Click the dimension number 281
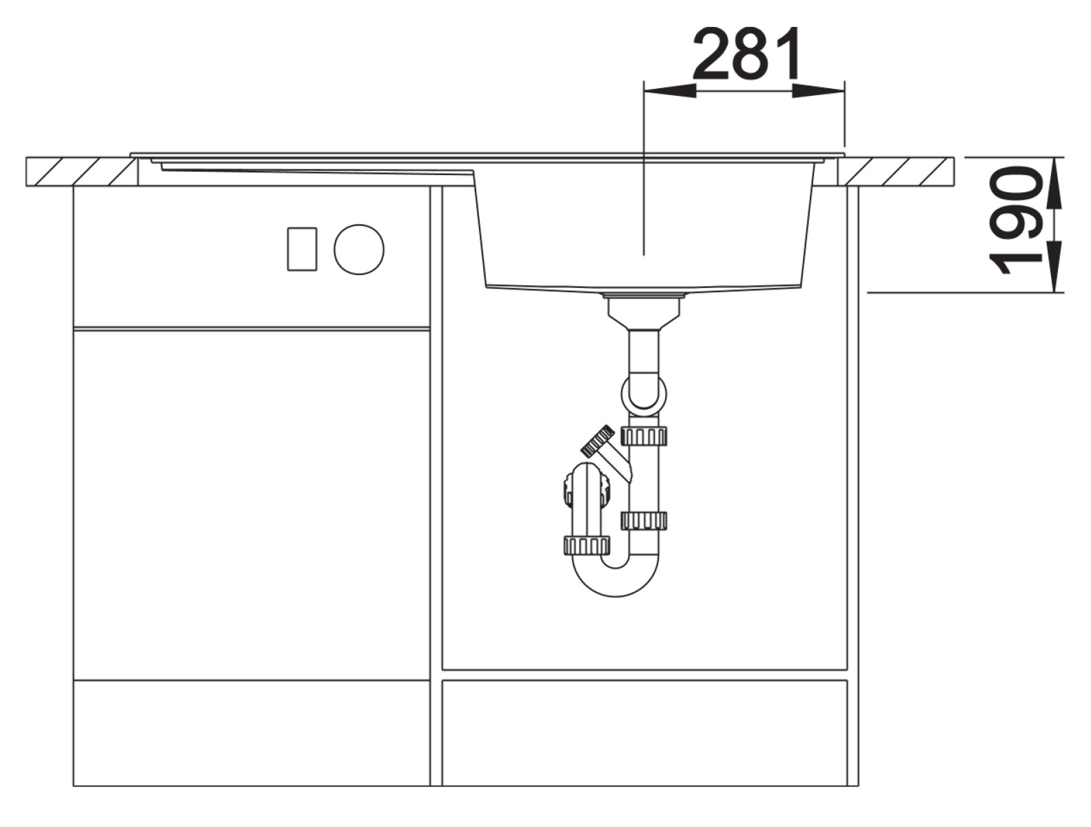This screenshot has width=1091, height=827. [746, 54]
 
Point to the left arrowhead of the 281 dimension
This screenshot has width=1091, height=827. [669, 90]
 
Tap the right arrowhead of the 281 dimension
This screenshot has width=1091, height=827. [818, 90]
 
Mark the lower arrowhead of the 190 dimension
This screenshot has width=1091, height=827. [1054, 267]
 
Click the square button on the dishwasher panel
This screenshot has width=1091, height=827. [302, 249]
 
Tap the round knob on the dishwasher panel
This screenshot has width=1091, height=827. [359, 249]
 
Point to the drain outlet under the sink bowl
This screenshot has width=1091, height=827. [644, 311]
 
